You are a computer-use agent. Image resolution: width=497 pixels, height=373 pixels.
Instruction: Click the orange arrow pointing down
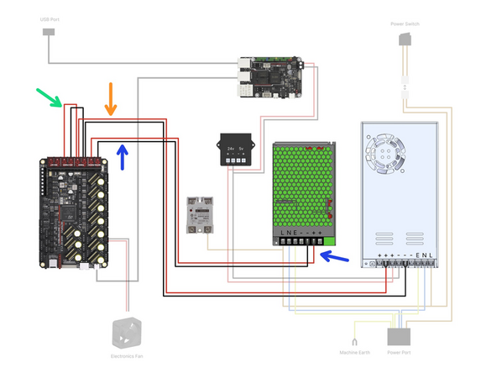click(x=111, y=98)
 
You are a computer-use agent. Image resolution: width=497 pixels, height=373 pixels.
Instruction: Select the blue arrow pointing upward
click(x=123, y=155)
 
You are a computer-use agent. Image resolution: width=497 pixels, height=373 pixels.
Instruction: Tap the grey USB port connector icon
click(x=49, y=33)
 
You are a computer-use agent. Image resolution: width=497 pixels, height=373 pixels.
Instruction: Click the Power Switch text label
click(x=406, y=24)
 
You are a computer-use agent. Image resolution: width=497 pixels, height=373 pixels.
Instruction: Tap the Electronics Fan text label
click(x=128, y=355)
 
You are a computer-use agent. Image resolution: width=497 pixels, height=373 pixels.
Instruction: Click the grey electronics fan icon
click(x=128, y=333)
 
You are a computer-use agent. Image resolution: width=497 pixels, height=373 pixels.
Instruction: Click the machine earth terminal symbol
click(x=355, y=340)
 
